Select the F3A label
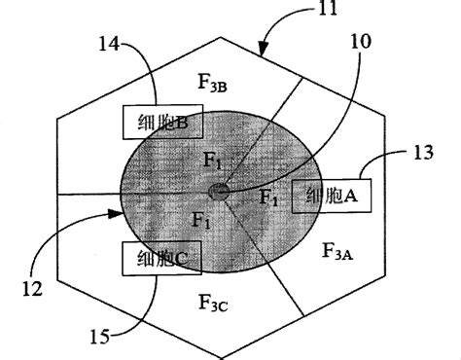(336, 253)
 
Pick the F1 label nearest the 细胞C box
(201, 221)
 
